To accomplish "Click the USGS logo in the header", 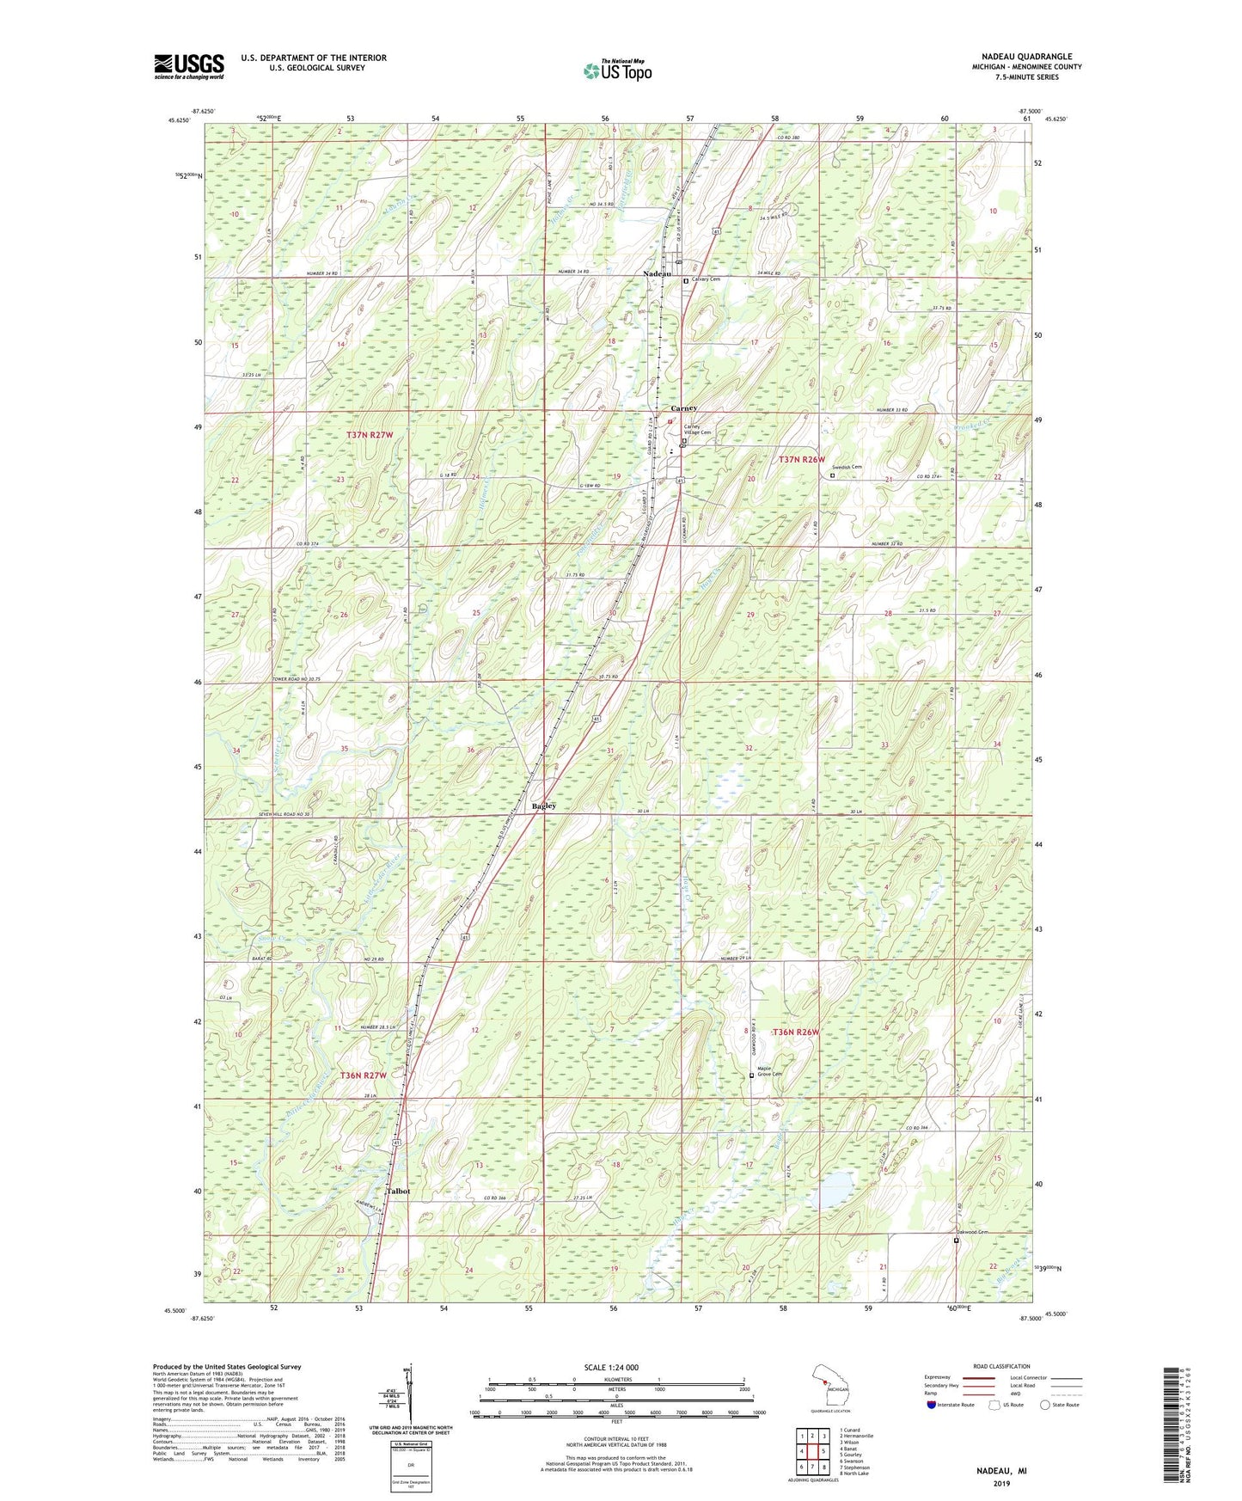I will pos(189,66).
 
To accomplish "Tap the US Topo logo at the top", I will pos(616,70).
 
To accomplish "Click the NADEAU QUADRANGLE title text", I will pos(1019,57).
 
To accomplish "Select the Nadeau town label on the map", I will pos(658,273).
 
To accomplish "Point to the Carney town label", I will pos(683,408).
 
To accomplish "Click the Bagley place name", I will pos(543,806).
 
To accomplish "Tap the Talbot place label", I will pos(398,1192).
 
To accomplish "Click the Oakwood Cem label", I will pos(973,1232).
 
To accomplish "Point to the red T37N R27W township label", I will pos(370,435).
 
